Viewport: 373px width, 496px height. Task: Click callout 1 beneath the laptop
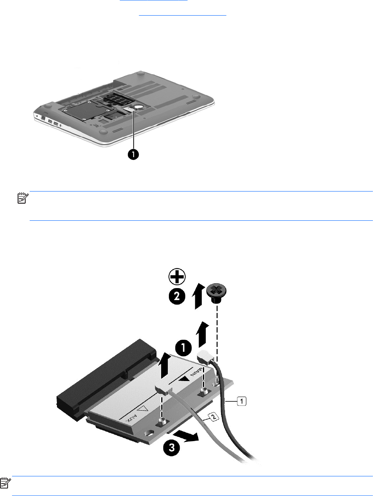pyautogui.click(x=134, y=154)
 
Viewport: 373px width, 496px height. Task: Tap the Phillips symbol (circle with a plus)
pyautogui.click(x=177, y=276)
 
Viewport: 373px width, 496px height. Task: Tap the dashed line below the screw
pyautogui.click(x=217, y=329)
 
